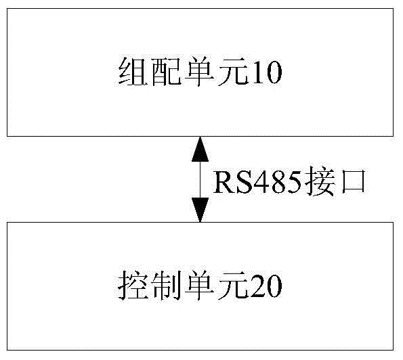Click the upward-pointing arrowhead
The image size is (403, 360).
200,149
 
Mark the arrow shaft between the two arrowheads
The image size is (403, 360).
200,179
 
